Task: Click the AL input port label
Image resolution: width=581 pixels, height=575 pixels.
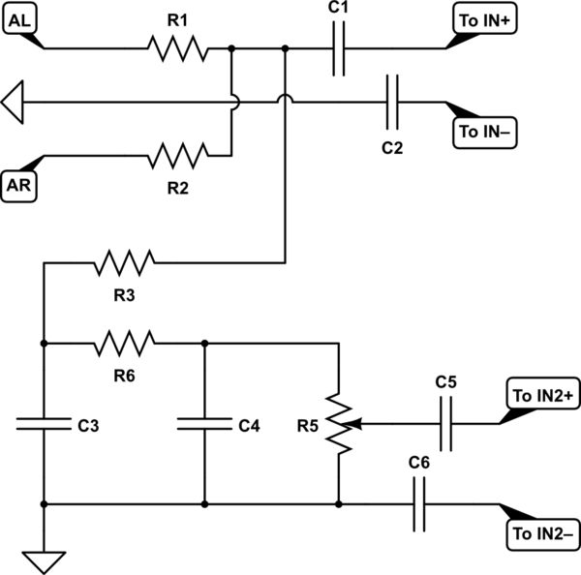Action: click(20, 20)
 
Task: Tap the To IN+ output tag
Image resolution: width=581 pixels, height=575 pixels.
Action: click(484, 20)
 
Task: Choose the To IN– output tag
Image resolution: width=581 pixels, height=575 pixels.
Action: click(485, 131)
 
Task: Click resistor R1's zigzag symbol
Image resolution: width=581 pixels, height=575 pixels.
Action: click(177, 47)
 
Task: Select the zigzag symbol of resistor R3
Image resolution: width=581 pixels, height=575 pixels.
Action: click(124, 261)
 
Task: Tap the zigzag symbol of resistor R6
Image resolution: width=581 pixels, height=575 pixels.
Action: click(124, 342)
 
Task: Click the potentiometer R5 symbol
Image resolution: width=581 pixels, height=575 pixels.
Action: click(338, 423)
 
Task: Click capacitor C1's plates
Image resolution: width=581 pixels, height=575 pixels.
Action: click(338, 47)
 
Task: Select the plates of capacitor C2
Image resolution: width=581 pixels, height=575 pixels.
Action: click(391, 102)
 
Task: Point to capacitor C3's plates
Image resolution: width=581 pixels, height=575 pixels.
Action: click(44, 423)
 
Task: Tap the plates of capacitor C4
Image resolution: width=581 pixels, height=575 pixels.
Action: click(204, 423)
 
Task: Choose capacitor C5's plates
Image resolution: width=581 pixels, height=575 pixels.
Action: click(445, 423)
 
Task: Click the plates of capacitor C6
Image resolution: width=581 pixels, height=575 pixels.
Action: click(418, 503)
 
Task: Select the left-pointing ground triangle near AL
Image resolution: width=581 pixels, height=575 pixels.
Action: click(13, 101)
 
